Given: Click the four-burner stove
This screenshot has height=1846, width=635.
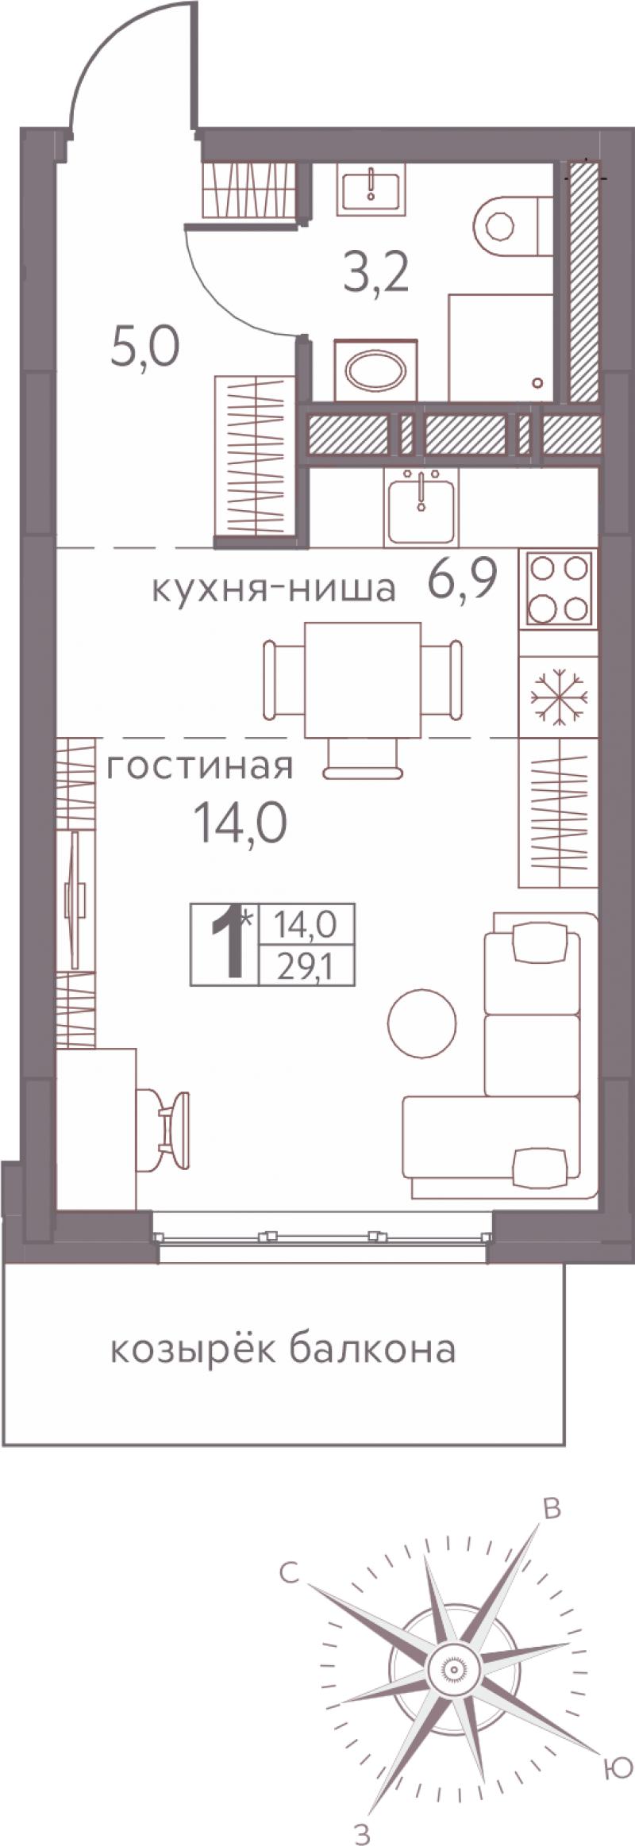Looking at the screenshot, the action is click(559, 588).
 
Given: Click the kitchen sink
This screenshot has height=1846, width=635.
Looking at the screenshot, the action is click(421, 505).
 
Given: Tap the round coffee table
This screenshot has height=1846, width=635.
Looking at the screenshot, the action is click(422, 1023).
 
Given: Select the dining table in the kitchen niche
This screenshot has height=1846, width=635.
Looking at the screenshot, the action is click(363, 680).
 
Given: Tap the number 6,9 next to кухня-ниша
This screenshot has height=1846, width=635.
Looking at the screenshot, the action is click(463, 582).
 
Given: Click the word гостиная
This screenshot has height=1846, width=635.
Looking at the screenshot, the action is click(199, 766).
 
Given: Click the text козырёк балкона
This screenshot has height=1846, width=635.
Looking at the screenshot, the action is click(283, 1348).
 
